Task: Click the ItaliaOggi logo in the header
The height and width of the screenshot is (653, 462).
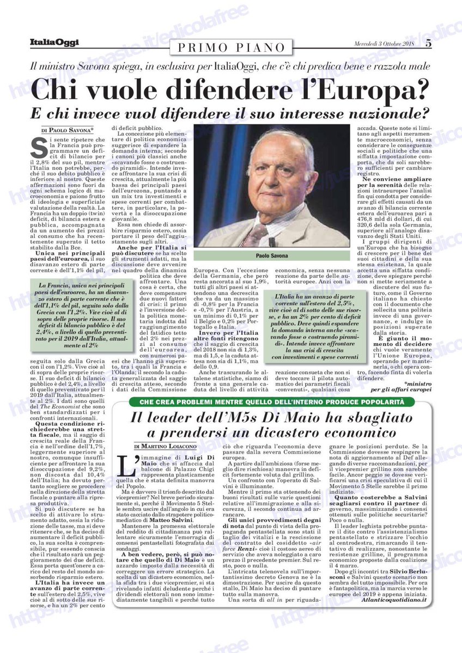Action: (54, 42)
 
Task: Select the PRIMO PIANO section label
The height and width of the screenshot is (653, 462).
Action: (231, 47)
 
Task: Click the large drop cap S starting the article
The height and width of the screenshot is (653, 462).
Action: (39, 147)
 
